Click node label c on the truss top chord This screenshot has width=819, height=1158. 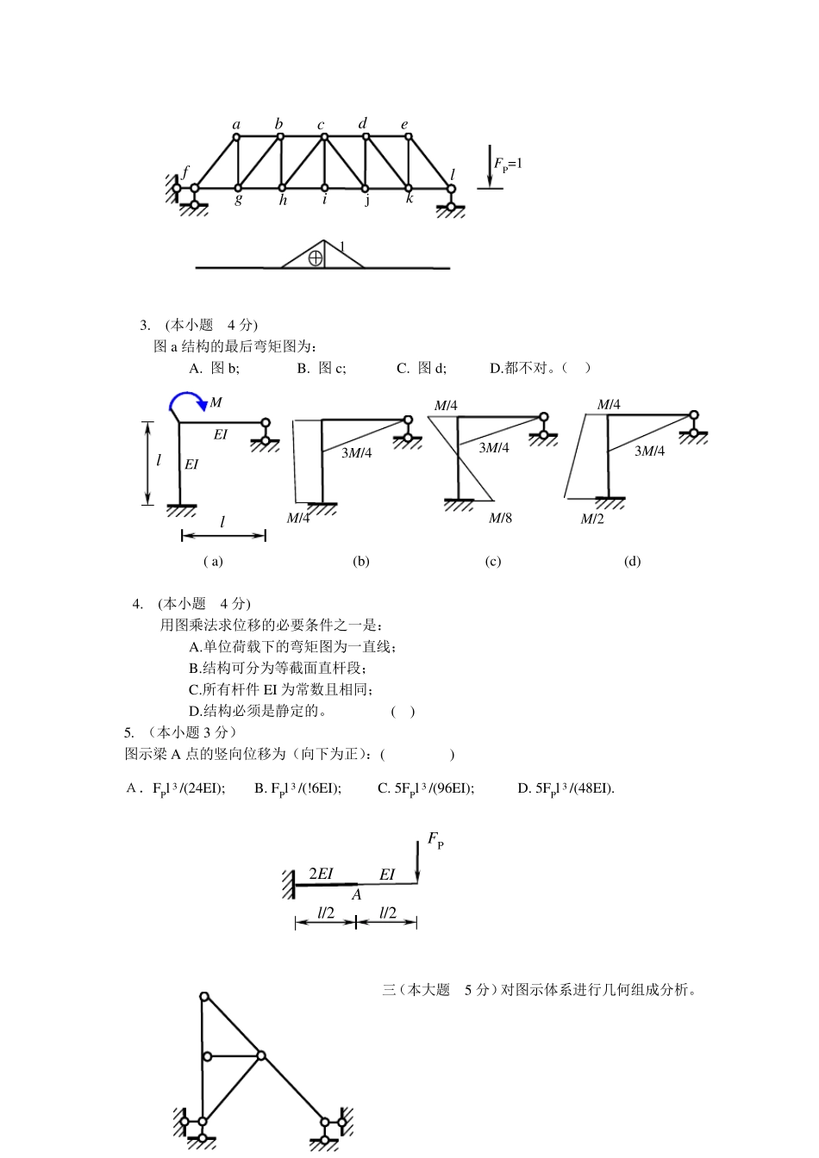coord(321,125)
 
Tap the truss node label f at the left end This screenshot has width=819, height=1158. coord(184,171)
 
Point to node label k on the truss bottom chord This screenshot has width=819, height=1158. coord(409,199)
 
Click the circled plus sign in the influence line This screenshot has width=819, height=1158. coord(316,257)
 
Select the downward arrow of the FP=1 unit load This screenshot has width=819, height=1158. coord(490,168)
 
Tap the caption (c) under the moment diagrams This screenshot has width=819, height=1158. coord(492,562)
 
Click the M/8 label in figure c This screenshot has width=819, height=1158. coord(500,518)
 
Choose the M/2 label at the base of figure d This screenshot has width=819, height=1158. coord(591,519)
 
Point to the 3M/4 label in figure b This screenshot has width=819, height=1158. coord(356,453)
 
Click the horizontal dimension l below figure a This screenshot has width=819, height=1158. coord(222,522)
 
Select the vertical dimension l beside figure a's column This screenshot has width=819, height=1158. coord(159,461)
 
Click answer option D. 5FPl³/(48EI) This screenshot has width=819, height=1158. coord(566,788)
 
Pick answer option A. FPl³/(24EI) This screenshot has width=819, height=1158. coord(176,788)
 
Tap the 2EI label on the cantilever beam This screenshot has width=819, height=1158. coord(321,873)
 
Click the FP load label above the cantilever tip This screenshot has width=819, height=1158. coord(435,841)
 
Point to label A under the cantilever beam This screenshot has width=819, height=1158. coord(356,895)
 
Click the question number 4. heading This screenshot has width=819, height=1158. coord(138,603)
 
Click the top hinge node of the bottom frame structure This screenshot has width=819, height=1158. coord(204,996)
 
